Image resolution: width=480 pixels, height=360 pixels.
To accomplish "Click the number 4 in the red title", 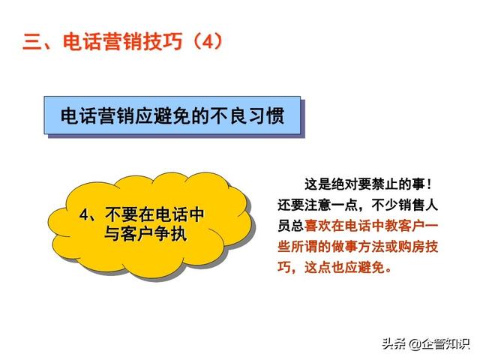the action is tap(208, 42).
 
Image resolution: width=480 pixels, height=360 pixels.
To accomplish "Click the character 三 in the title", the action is tap(32, 42).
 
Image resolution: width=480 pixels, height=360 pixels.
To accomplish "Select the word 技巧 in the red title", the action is tap(163, 42).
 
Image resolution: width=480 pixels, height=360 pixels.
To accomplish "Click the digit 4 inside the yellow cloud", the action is tap(84, 214).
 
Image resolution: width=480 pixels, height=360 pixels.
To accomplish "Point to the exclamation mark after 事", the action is tap(429, 184).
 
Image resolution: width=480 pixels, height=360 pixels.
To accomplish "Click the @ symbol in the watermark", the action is tap(415, 344).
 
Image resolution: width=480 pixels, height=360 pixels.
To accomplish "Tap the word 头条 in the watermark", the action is tap(394, 344).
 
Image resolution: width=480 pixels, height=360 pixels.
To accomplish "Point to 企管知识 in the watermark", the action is tap(445, 344).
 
